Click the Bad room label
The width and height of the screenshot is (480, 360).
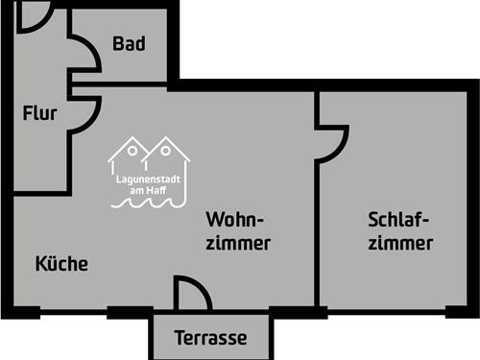(x=129, y=44)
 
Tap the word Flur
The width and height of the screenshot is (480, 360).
(x=40, y=113)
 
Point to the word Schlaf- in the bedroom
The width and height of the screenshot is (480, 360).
(x=397, y=218)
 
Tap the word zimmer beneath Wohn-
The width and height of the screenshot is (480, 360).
(x=238, y=243)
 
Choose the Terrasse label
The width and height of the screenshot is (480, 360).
(x=211, y=338)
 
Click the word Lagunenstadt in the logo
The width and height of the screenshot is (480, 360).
(x=150, y=179)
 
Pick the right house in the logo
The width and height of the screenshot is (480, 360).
(x=168, y=154)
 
